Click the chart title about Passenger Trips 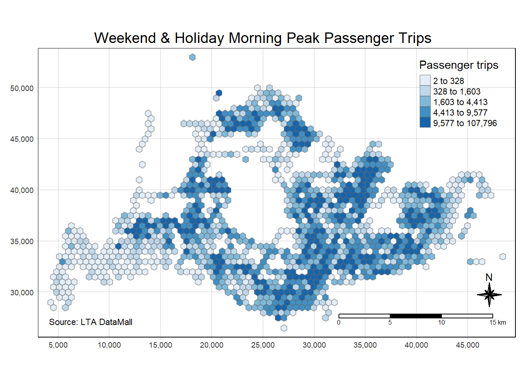(x=263, y=38)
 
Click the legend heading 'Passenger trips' (x=459, y=65)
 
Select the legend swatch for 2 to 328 (x=425, y=80)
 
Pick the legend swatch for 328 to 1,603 (x=425, y=91)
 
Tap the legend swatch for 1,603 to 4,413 (x=425, y=102)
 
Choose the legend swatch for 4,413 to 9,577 (x=425, y=112)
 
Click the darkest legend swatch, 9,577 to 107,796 (x=425, y=123)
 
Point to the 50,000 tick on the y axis (x=22, y=88)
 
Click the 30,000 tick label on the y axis (x=22, y=293)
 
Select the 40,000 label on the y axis (x=22, y=190)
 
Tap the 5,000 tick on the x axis (x=58, y=345)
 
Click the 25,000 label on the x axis (x=263, y=345)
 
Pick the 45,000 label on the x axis (x=467, y=345)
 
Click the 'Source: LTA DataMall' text (x=90, y=322)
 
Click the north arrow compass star (x=489, y=295)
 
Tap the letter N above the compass (x=489, y=277)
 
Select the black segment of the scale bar (x=416, y=316)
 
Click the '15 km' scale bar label (x=497, y=322)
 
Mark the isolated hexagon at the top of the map (x=192, y=57)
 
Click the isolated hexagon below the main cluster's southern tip (x=284, y=328)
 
